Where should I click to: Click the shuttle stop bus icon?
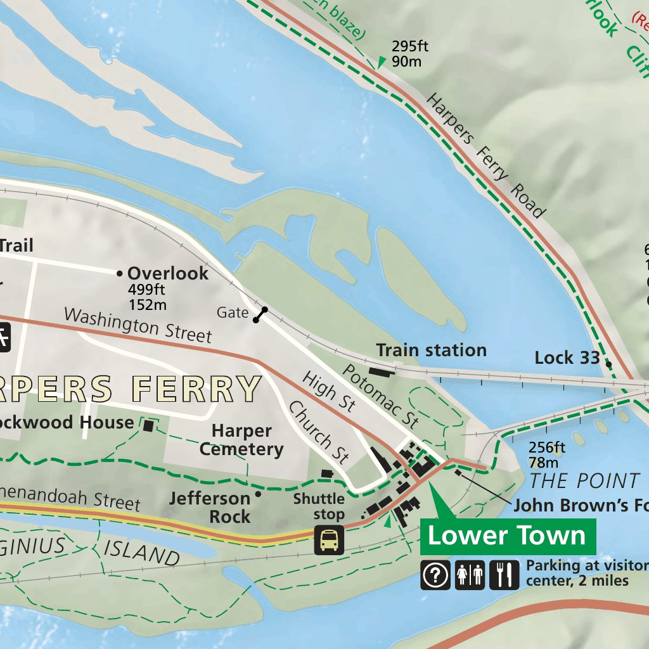[329, 540]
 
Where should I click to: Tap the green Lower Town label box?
[508, 536]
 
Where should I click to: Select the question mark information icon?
[435, 575]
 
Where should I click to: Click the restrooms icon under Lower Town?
[470, 575]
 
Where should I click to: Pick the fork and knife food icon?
[504, 575]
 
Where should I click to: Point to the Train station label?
[431, 350]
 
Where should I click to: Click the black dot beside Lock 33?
[608, 364]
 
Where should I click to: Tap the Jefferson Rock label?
[210, 508]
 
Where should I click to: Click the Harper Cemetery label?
[241, 440]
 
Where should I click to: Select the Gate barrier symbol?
[260, 314]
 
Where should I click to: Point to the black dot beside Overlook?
[119, 274]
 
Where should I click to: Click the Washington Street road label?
[138, 324]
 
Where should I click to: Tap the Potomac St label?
[381, 396]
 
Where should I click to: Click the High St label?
[328, 392]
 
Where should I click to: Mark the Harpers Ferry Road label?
[485, 155]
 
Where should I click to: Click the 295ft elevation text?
[410, 46]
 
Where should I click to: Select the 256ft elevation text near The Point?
[547, 447]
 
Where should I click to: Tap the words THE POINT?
[584, 481]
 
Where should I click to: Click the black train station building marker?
[381, 371]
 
